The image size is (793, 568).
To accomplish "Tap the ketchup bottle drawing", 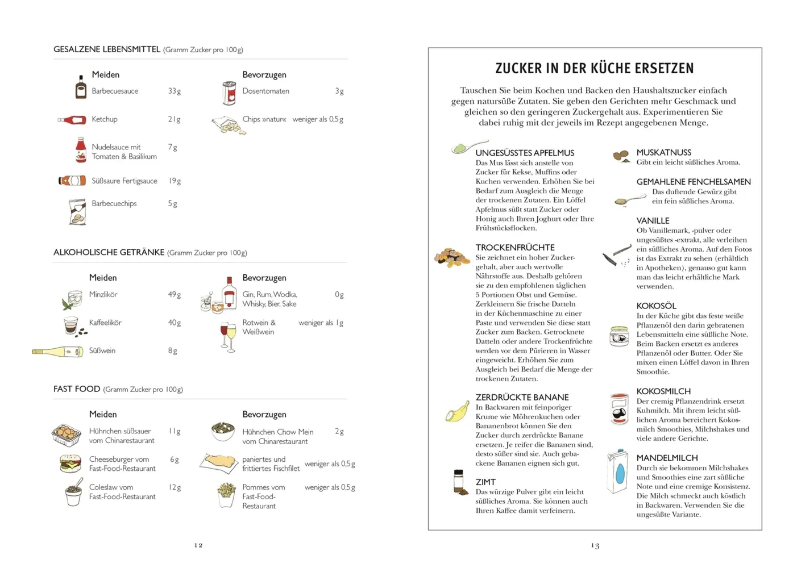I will click(72, 120).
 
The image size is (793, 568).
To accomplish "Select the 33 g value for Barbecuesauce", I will click(174, 91).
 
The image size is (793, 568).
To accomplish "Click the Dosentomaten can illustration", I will click(229, 93).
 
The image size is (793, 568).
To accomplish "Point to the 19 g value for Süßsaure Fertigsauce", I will click(174, 181).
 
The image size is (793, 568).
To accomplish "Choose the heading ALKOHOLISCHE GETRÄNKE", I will click(109, 252).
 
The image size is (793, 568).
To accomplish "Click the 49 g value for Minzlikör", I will click(174, 294).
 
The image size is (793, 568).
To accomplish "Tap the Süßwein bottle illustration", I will click(57, 352).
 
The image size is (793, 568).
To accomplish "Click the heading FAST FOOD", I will click(77, 389).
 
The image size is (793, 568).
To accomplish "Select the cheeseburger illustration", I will click(70, 463).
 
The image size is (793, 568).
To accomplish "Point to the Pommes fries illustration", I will click(226, 495).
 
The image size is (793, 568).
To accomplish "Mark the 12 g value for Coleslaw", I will click(175, 487).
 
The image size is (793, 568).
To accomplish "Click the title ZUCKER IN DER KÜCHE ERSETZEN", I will click(594, 69).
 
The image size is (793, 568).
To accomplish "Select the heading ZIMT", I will click(485, 482).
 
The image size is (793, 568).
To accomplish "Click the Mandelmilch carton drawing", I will click(617, 471).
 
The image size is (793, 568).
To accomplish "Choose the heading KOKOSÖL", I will click(656, 306).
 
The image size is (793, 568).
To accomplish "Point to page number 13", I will click(595, 545).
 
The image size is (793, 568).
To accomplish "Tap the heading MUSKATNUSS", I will click(663, 152).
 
